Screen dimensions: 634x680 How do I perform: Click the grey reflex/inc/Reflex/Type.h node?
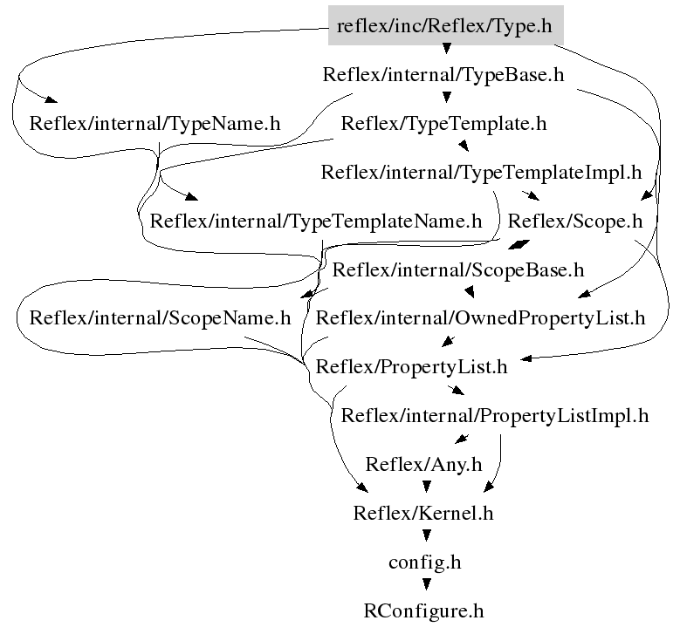point(444,26)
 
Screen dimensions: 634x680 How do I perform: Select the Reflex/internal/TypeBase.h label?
point(444,75)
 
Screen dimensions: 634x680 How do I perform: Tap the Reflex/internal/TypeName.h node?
point(155,124)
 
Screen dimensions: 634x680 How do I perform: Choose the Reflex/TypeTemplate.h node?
point(443,124)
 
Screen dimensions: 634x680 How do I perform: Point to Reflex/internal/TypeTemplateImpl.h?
point(481,172)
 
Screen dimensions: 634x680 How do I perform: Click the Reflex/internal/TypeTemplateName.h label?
point(316,221)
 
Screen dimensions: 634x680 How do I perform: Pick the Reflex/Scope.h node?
point(575,221)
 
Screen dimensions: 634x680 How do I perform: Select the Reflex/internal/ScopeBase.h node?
point(458,269)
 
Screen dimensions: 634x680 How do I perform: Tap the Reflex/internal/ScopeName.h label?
point(160,317)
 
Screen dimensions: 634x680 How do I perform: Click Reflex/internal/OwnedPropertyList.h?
point(480,317)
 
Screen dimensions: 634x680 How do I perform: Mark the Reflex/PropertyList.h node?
point(411,366)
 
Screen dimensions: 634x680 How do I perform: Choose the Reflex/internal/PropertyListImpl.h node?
point(495,415)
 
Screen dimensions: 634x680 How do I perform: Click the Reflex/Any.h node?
point(423,464)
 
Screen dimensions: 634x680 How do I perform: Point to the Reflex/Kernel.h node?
point(423,513)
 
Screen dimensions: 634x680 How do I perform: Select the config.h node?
point(424,562)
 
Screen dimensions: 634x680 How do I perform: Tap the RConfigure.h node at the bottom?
point(424,610)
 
